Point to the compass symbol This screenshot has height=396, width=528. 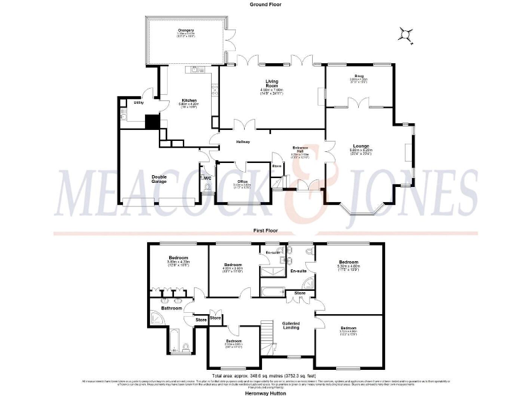(407, 34)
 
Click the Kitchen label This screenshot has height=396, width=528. (189, 101)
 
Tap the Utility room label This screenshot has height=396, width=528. (138, 102)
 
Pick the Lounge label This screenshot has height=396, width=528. (361, 146)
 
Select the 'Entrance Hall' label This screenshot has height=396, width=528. (300, 149)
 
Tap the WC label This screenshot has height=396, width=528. (207, 177)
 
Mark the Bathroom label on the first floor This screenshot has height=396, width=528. (171, 308)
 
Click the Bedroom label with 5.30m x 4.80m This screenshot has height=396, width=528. (348, 262)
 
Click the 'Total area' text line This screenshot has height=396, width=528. (264, 375)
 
